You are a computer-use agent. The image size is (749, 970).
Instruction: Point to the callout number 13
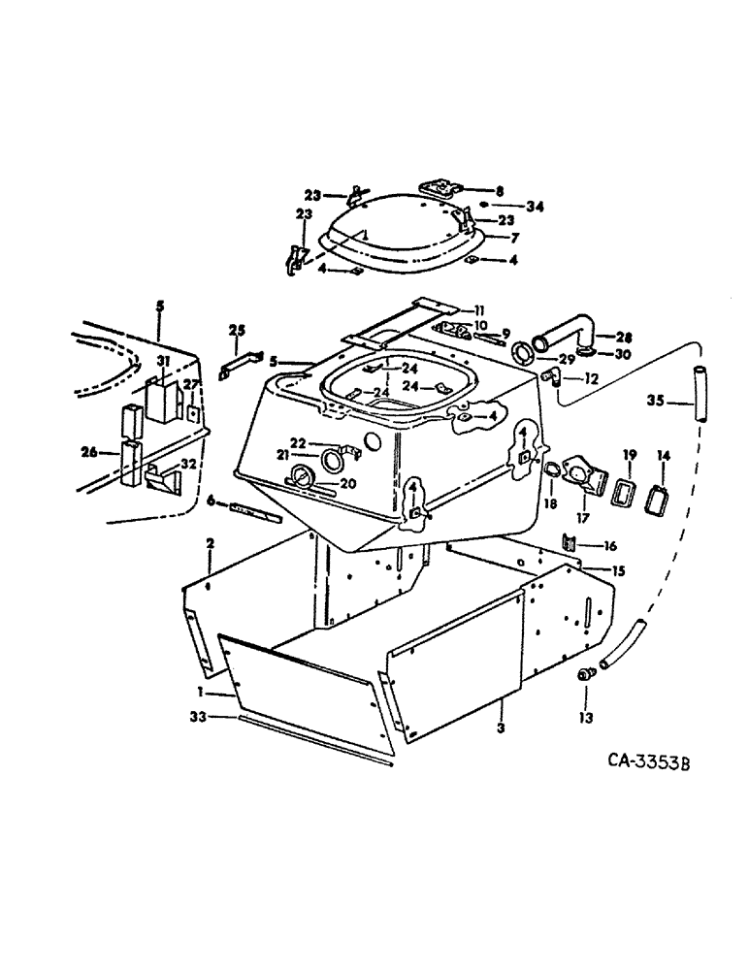pyautogui.click(x=588, y=718)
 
